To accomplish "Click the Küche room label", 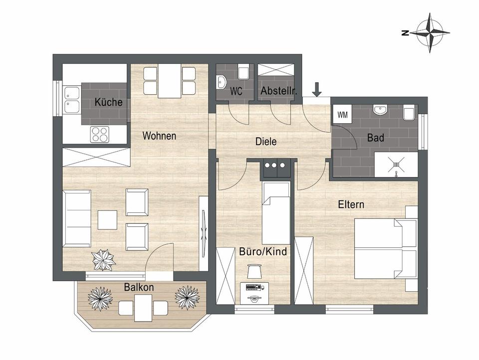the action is tap(108, 102).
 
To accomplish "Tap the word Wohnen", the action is tap(159, 136).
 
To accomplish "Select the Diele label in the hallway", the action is tap(266, 142).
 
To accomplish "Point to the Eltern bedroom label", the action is tap(351, 204).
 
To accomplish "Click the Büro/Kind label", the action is tap(263, 251).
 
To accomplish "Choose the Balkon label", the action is tap(139, 287).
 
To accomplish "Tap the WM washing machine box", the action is tap(342, 115).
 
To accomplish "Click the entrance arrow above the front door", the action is tap(317, 89).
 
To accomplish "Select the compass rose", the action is tap(430, 33).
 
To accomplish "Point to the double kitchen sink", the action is tap(72, 100).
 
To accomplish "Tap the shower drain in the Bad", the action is tap(396, 165).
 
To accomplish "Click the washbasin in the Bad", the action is tap(380, 110).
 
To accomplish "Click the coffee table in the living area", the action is tap(108, 220).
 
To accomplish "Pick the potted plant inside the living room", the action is tap(104, 260).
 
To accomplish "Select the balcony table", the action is tap(143, 308).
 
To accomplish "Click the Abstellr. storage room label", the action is tap(278, 91).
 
